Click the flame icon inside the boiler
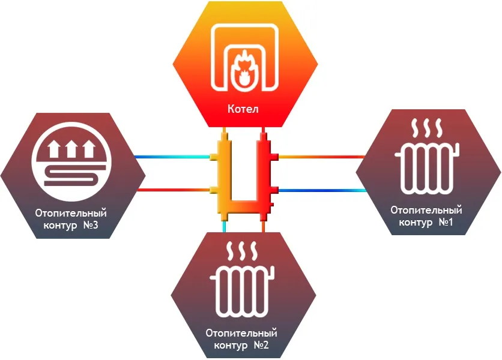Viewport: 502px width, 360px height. pos(244,69)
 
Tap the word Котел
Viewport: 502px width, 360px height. pos(243,109)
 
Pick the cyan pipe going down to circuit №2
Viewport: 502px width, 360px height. pos(224,227)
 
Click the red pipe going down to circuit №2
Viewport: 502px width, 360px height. pos(263,227)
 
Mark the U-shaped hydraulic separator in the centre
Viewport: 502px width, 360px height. pos(243,180)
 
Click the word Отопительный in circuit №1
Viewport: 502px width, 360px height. pos(426,210)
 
